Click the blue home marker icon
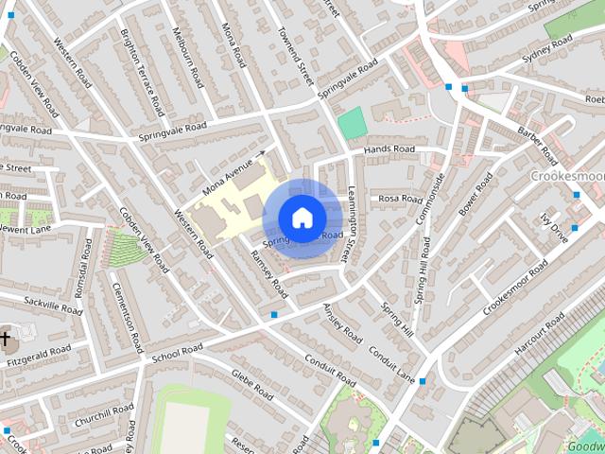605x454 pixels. (x=302, y=217)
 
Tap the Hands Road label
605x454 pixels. (x=390, y=150)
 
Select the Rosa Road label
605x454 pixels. (x=400, y=200)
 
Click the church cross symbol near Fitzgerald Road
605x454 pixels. (x=6, y=338)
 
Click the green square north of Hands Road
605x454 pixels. (x=351, y=121)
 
